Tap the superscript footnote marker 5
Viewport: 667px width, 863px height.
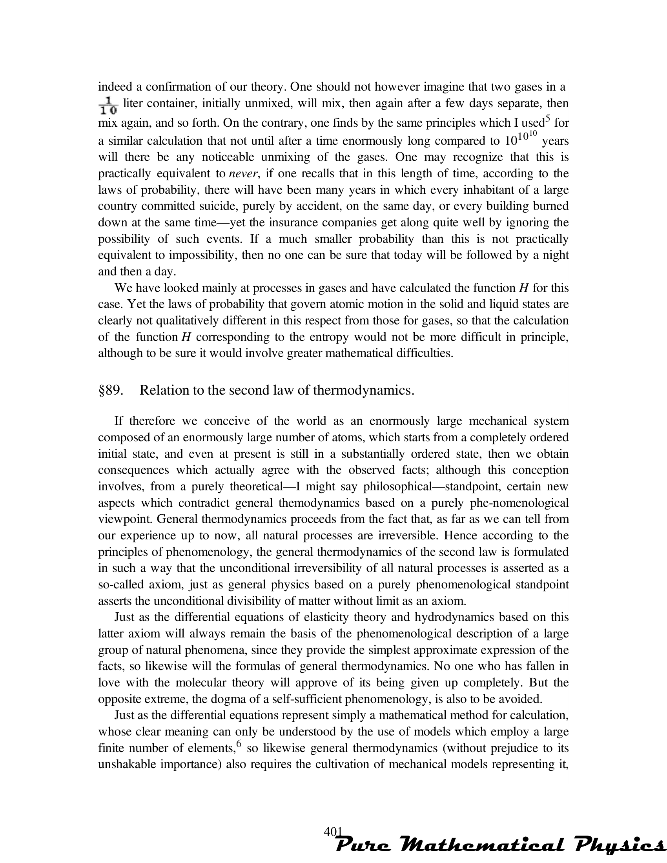548,119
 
